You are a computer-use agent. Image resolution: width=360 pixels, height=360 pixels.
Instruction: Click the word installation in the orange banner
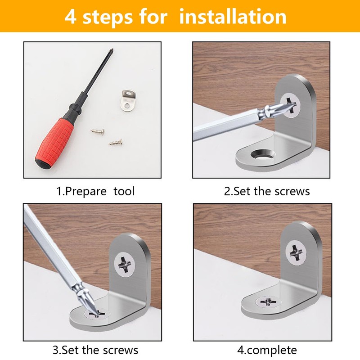233,17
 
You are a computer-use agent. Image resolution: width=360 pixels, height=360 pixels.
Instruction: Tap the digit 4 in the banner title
70,17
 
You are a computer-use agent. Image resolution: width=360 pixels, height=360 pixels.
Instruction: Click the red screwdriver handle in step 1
54,141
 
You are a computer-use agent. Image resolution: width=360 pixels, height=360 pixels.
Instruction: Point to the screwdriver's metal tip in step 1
112,50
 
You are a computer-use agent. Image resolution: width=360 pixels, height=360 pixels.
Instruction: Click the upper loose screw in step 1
98,131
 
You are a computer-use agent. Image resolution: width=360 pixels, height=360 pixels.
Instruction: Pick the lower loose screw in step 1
116,143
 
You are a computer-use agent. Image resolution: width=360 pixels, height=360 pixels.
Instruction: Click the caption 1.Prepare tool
95,191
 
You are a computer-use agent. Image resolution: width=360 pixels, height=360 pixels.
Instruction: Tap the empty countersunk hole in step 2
263,154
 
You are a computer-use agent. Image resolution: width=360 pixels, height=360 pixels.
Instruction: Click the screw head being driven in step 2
290,106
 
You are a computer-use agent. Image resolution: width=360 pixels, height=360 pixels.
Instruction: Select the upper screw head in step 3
125,265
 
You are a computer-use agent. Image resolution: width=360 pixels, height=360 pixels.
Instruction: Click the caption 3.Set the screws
95,350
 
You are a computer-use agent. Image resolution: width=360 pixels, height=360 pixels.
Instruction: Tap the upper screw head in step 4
296,253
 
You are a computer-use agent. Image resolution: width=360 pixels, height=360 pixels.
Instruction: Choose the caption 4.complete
267,351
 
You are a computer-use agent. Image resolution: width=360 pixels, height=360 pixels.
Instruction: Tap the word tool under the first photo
124,191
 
